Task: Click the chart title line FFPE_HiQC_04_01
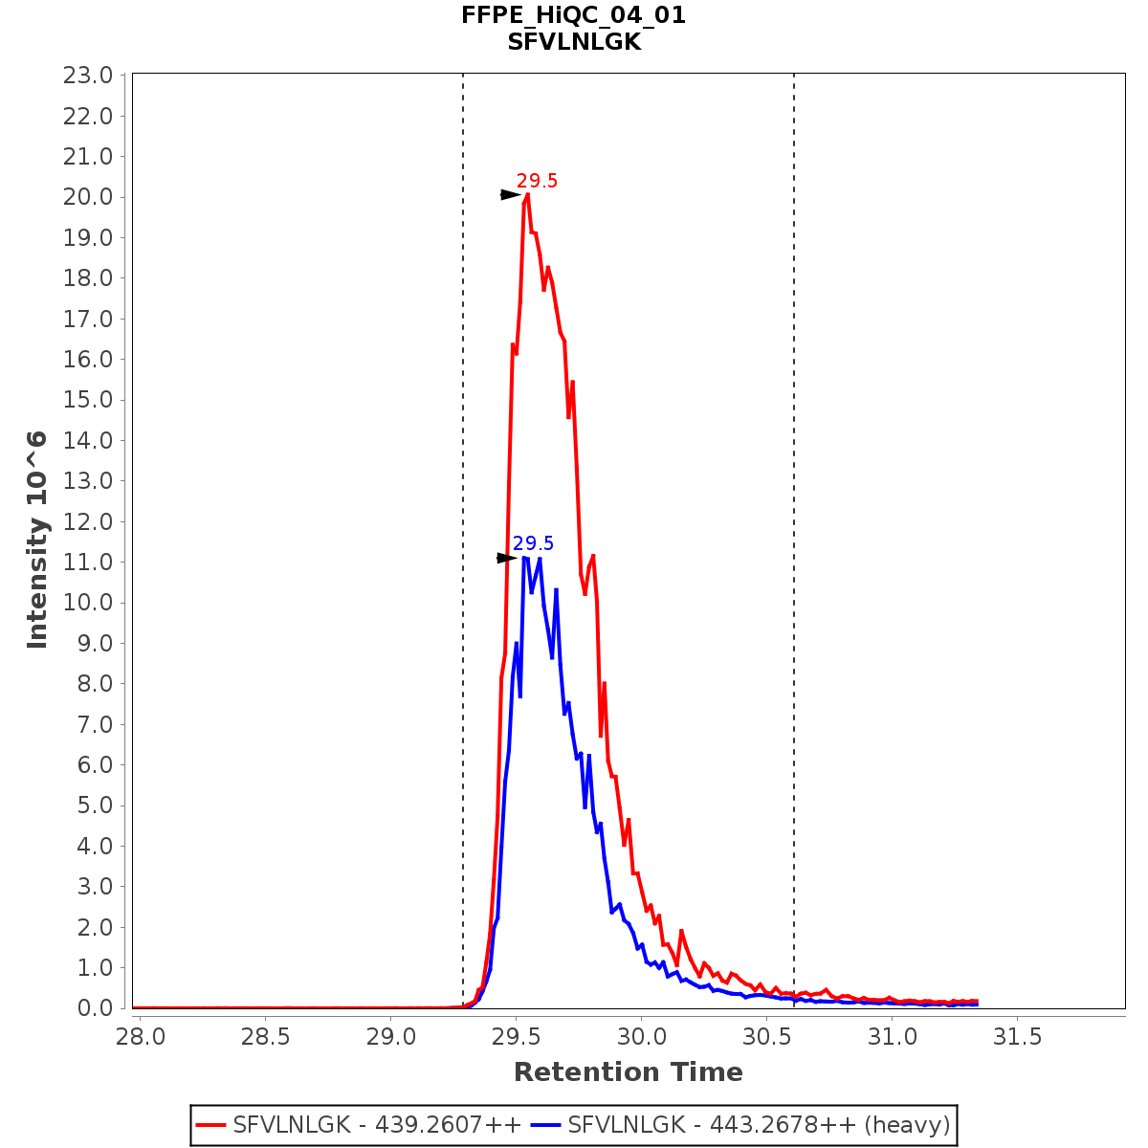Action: [x=573, y=15]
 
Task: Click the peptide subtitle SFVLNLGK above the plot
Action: [x=573, y=42]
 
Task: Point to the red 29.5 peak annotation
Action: [x=537, y=181]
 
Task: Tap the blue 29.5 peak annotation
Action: [x=533, y=544]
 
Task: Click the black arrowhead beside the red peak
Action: [x=510, y=195]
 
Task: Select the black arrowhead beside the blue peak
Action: [x=506, y=558]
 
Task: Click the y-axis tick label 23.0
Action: [x=88, y=76]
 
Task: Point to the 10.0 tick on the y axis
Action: [x=88, y=603]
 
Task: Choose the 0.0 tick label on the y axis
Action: [x=94, y=1008]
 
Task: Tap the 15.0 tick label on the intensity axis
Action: [x=88, y=400]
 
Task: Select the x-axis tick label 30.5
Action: [x=766, y=1037]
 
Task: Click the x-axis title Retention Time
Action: [x=628, y=1072]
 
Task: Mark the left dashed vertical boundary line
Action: [x=463, y=478]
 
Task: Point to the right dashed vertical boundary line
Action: [x=794, y=478]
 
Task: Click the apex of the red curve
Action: [x=527, y=195]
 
